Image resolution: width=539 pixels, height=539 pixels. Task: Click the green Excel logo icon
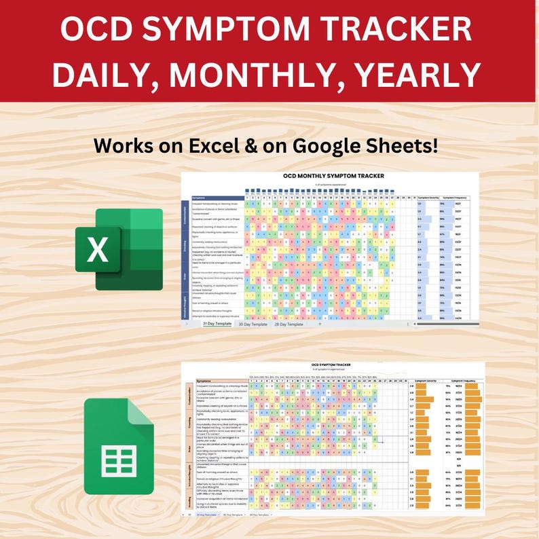[119, 249]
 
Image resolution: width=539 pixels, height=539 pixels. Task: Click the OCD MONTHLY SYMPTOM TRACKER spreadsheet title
[333, 176]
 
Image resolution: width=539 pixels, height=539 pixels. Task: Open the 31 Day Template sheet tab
[219, 324]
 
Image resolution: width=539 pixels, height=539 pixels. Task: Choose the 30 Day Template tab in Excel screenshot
[253, 324]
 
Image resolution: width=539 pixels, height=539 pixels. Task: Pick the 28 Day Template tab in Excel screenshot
[289, 324]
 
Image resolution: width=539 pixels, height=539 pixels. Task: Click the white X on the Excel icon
[98, 249]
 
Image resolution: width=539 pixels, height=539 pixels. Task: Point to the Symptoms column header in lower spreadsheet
[206, 381]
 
